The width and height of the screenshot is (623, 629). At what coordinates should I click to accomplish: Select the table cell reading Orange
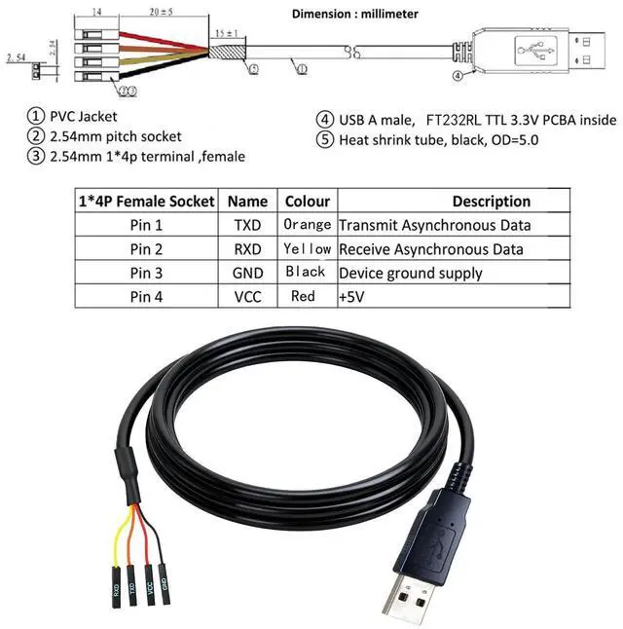pyautogui.click(x=307, y=225)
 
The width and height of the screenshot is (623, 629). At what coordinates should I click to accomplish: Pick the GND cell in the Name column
pyautogui.click(x=247, y=273)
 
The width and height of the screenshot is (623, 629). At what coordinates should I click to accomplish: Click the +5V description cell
pyautogui.click(x=348, y=296)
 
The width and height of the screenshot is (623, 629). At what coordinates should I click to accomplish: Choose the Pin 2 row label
pyautogui.click(x=147, y=249)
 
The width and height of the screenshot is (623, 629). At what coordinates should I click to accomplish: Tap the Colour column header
pyautogui.click(x=307, y=202)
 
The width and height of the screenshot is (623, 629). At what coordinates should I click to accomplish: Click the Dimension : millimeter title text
pyautogui.click(x=357, y=15)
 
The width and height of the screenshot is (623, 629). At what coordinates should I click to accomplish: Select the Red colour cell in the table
pyautogui.click(x=304, y=296)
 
